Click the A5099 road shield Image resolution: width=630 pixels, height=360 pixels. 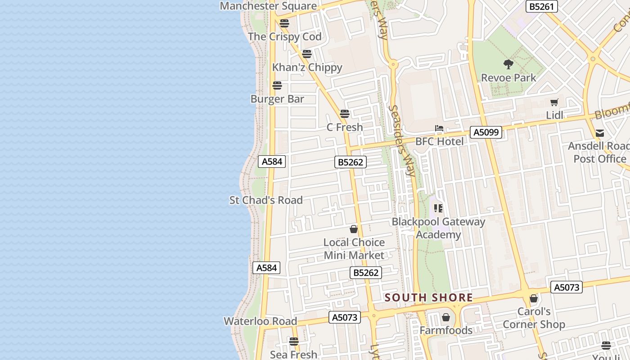pos(486,132)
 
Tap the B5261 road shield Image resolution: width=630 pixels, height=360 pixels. pos(542,6)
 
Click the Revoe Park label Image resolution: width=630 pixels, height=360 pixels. pos(508,77)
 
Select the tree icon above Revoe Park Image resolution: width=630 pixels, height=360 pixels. pos(508,64)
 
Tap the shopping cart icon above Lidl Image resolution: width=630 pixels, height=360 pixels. pos(554,102)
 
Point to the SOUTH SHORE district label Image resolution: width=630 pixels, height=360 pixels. pos(429,297)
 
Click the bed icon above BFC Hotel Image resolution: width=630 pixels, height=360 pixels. pos(439,129)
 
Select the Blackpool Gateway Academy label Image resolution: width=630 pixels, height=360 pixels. pos(438,228)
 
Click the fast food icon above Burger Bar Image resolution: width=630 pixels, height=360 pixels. pos(277,85)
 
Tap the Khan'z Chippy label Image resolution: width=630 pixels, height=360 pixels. pos(307,67)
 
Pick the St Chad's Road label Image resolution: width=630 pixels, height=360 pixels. pos(266,200)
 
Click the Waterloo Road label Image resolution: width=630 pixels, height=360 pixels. pos(261,321)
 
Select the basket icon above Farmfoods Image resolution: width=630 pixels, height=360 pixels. pos(446,317)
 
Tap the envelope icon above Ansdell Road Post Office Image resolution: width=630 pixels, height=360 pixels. pos(600,133)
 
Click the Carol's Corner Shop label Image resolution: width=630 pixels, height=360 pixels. pos(534,318)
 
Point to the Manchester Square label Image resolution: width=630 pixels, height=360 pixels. pos(268,6)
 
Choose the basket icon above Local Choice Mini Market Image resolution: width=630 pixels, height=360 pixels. pos(354,229)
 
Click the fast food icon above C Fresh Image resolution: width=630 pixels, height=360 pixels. pos(345,114)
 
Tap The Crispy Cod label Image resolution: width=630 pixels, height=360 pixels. pos(285,36)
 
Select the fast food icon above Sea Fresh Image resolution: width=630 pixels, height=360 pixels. pos(294,342)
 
